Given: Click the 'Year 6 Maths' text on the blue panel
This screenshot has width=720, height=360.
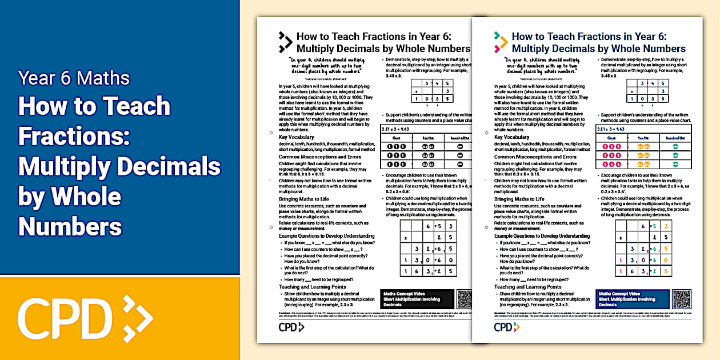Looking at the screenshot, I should (74, 78).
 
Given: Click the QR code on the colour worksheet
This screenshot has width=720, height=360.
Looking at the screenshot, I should (682, 299).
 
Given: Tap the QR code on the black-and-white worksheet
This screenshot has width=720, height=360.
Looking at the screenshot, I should (466, 299).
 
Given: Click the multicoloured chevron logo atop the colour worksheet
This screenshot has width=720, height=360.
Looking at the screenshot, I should (501, 42).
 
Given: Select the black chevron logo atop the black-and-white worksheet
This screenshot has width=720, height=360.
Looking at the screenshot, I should (285, 42).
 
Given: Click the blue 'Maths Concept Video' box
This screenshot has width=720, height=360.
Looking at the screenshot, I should (631, 299).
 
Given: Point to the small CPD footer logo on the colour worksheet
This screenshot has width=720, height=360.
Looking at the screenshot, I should (503, 327).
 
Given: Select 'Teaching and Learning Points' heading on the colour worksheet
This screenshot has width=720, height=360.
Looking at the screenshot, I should (528, 287).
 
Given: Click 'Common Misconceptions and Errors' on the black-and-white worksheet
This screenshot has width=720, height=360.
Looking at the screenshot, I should (321, 157).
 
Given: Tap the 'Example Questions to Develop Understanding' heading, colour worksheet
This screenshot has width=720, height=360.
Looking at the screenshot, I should (542, 236).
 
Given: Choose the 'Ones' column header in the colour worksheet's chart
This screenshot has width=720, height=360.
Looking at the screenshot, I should (611, 138).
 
